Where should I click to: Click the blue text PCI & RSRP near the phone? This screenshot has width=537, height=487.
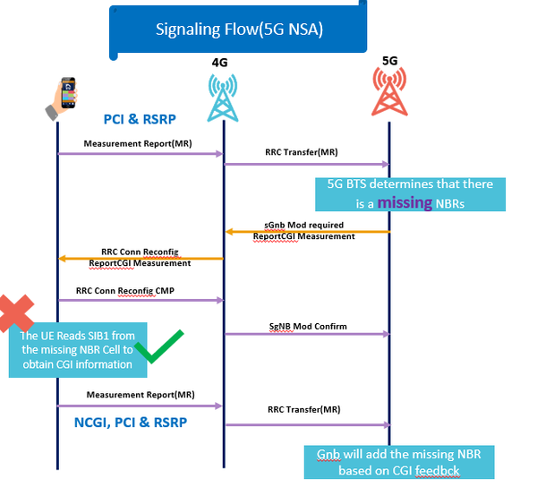(140, 119)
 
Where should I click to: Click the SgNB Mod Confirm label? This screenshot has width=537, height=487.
(307, 326)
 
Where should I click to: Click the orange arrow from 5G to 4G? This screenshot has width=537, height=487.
(306, 232)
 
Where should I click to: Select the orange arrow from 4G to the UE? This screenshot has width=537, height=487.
(140, 258)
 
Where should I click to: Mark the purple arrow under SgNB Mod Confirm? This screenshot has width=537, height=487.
(306, 335)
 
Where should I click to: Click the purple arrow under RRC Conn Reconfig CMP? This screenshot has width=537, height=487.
(140, 300)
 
